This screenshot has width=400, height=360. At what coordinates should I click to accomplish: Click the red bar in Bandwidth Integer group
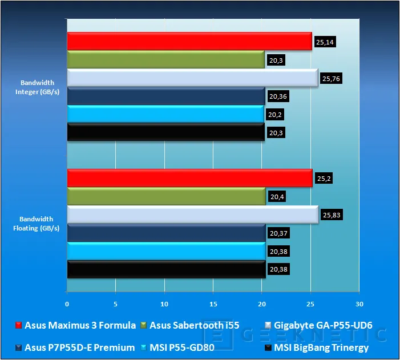tap(189, 41)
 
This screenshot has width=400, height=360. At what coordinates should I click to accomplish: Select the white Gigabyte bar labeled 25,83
tap(193, 215)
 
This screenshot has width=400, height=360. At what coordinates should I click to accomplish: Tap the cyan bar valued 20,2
tap(165, 114)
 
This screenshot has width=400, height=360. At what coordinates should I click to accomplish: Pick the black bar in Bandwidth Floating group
tap(166, 269)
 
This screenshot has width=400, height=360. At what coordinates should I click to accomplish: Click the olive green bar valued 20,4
tap(166, 196)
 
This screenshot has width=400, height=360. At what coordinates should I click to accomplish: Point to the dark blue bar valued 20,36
tap(166, 96)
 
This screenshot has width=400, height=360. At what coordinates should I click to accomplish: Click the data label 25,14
tap(325, 42)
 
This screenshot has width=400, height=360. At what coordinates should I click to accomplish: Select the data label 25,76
tap(331, 78)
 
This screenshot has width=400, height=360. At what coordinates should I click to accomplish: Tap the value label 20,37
tap(278, 233)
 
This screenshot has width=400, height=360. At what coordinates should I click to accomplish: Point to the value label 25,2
tap(324, 179)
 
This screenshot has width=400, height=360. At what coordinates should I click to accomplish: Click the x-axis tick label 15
tap(213, 304)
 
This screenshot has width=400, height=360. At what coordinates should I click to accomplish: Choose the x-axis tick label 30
tap(359, 304)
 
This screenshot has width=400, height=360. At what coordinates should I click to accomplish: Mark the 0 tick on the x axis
tap(67, 304)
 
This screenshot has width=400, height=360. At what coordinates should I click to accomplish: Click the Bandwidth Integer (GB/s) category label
tap(37, 87)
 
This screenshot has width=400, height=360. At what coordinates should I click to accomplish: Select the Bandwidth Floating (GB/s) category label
tap(36, 224)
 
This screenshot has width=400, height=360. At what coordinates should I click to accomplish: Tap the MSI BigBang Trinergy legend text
tap(321, 347)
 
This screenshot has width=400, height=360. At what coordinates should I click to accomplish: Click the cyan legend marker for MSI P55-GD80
tap(144, 347)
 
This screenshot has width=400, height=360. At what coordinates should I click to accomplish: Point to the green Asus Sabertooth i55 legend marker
tap(144, 325)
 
